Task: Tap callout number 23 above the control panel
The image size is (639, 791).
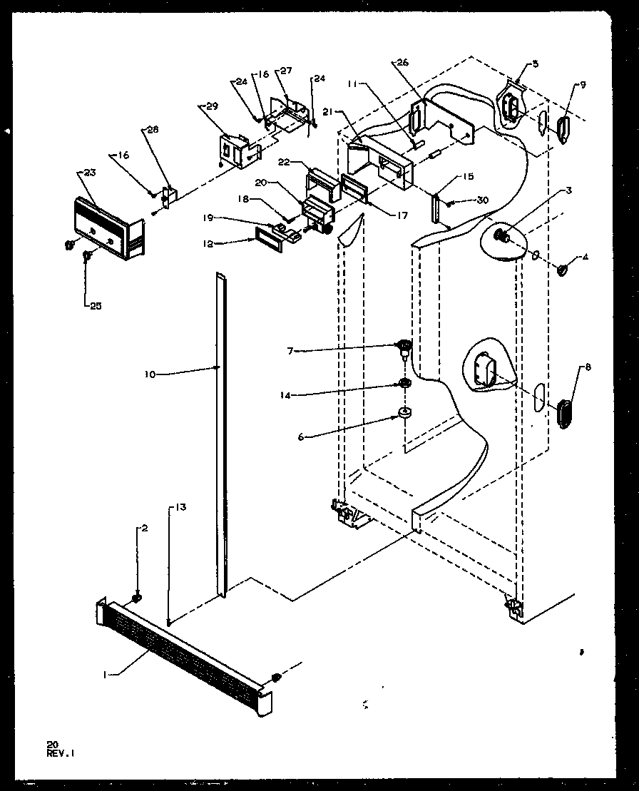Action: click(x=90, y=172)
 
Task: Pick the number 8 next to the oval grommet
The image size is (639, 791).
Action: click(x=588, y=368)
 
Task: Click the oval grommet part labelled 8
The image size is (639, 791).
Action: click(x=563, y=414)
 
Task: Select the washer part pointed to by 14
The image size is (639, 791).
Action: click(x=404, y=385)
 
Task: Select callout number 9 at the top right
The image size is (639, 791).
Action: click(x=583, y=85)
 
